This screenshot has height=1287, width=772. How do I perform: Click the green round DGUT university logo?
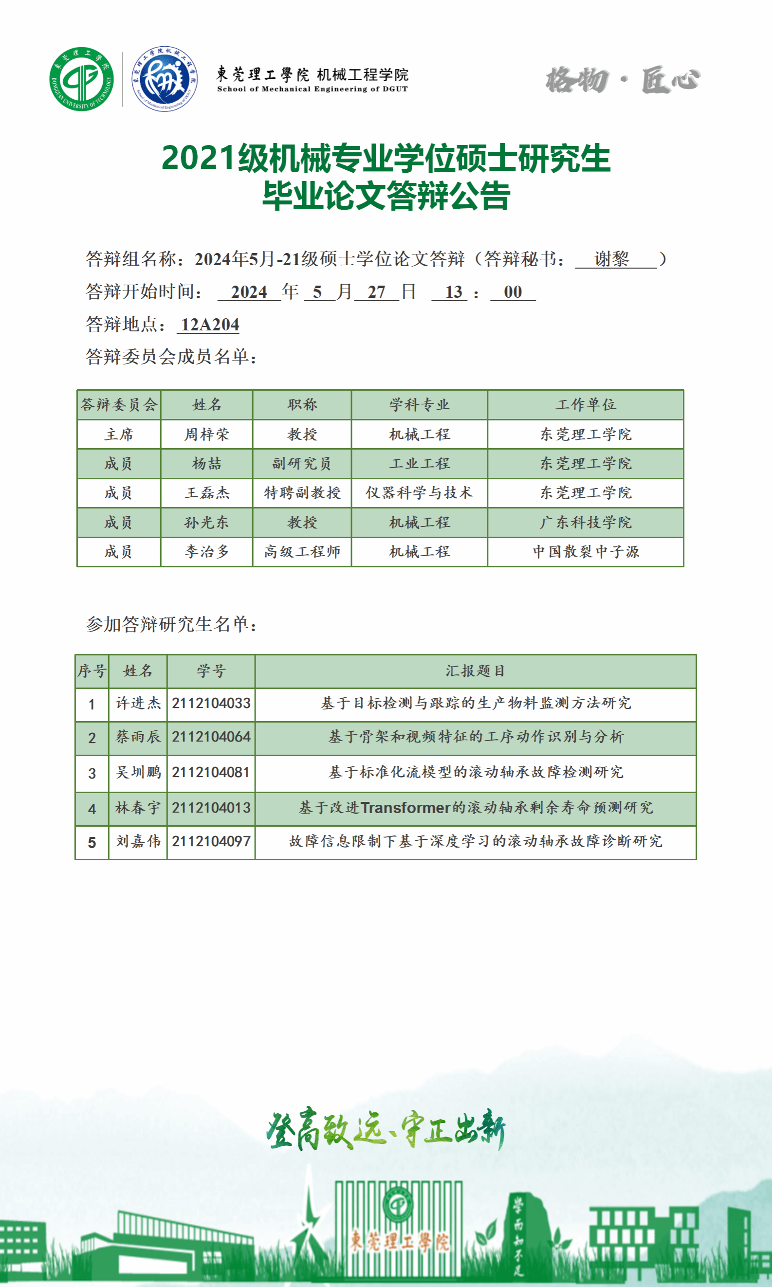click(x=81, y=79)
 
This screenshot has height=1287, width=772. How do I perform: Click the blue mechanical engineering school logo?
click(x=164, y=78)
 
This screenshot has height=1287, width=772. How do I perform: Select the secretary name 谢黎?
click(x=612, y=258)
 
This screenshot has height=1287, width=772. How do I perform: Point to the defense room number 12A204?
click(x=210, y=325)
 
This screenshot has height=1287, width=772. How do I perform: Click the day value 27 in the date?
click(x=376, y=292)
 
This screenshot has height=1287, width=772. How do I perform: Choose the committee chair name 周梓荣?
click(x=206, y=434)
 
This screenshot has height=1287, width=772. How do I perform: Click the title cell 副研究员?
click(x=302, y=463)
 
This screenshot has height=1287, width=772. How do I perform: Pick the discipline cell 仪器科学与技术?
click(x=419, y=492)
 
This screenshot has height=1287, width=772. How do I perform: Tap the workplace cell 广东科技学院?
click(x=585, y=522)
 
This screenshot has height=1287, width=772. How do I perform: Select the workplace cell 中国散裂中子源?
click(x=585, y=551)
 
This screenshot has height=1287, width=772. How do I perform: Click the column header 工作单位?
click(x=585, y=404)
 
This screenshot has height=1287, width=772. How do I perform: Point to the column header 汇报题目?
click(x=475, y=671)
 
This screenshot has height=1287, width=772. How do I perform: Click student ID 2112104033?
click(x=211, y=703)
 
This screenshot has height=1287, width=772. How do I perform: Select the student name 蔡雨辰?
click(x=138, y=737)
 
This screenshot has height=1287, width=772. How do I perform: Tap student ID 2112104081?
click(x=211, y=772)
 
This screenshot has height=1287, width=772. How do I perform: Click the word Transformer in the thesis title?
click(x=405, y=808)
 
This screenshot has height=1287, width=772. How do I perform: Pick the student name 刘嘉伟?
click(x=138, y=841)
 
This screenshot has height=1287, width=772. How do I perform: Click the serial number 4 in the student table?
click(x=92, y=809)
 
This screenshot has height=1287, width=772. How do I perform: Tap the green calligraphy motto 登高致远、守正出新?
click(x=386, y=1129)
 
